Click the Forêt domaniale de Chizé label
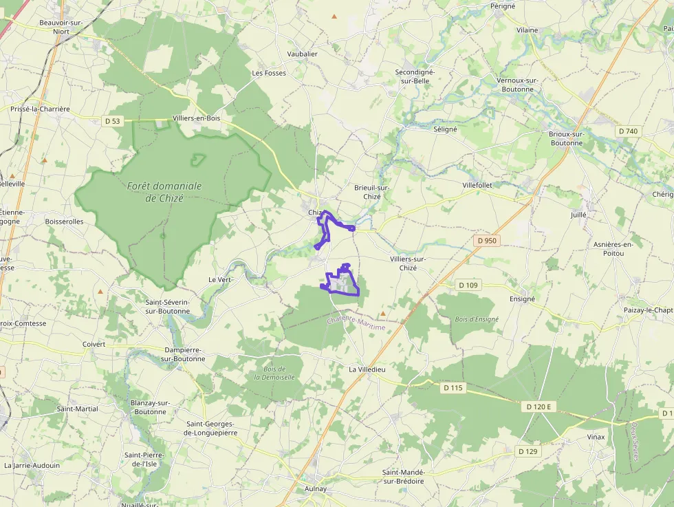coord(164,192)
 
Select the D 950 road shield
coord(486,241)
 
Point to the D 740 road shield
coord(627,131)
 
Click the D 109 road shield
coord(468,285)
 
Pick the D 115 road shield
coord(453,388)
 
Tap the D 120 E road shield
coord(539,407)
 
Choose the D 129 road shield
coord(527,451)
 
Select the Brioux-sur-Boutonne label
coord(566,138)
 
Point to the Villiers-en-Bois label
coord(197,118)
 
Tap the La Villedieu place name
coord(367,369)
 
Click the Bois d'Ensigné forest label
coord(477,319)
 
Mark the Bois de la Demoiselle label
coord(274,373)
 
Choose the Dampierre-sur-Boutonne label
coord(183,354)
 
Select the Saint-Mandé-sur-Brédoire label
coord(413,477)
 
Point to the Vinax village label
coord(596,437)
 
